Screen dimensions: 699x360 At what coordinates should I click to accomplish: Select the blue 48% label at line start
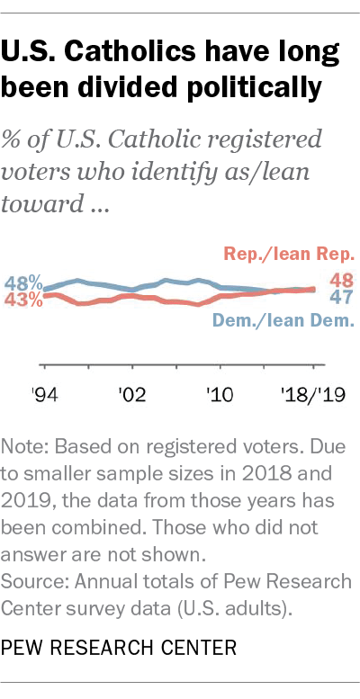click(x=22, y=282)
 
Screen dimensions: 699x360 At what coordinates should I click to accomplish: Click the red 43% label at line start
click(x=22, y=300)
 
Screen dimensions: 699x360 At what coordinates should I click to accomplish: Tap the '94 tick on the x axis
click(x=43, y=393)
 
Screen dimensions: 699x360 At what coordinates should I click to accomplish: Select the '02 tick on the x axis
click(x=131, y=393)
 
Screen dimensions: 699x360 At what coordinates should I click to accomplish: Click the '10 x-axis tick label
click(x=220, y=393)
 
